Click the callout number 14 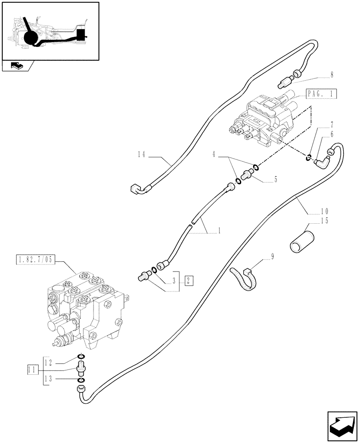pos(141,155)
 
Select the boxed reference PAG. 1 pos(321,94)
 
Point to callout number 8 pos(332,76)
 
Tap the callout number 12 pos(52,362)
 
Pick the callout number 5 pos(275,179)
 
